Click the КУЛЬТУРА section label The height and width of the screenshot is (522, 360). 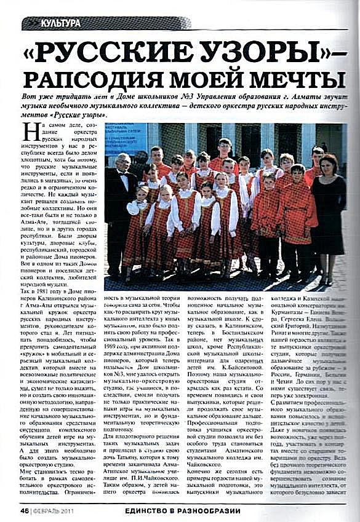(x=60, y=23)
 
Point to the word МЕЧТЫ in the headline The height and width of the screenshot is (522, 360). (x=295, y=79)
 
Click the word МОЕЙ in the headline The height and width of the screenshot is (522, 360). (x=215, y=79)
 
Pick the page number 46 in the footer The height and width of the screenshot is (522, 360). (x=25, y=510)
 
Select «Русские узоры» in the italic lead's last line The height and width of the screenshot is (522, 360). (x=80, y=115)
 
